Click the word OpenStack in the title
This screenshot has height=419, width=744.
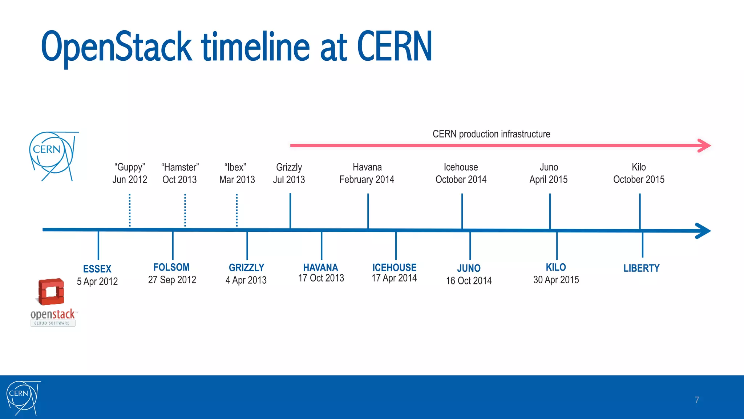point(116,47)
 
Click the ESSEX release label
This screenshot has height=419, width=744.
point(97,269)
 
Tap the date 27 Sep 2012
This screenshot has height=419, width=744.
point(172,280)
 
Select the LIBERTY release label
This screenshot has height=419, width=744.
point(641,268)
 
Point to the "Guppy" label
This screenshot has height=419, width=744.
point(130,167)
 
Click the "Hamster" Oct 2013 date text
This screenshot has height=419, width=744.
point(179,180)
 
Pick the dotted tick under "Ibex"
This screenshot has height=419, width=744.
point(237,210)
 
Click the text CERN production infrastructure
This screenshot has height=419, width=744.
point(491,134)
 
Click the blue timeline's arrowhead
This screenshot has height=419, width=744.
point(703,231)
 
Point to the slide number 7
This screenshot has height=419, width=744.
point(697,400)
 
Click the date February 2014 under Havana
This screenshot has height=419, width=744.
point(367,180)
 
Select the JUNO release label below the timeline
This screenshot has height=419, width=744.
point(469,268)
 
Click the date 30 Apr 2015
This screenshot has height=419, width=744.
point(556,280)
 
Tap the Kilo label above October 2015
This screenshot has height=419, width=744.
point(639,167)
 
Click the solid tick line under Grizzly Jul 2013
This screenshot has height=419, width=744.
point(290,211)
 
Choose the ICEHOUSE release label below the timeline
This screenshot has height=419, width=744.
point(394,268)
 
